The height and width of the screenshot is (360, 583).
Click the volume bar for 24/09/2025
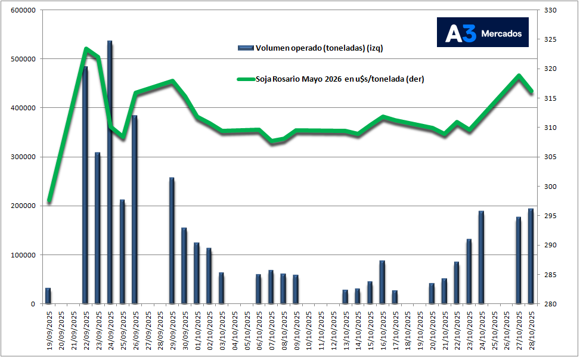coord(110,173)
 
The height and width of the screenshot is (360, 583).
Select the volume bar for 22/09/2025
coord(85,185)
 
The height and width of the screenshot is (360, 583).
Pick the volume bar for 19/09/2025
coord(48,296)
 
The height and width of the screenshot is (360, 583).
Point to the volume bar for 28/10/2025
coord(531,256)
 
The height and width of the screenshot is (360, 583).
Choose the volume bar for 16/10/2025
coord(382,282)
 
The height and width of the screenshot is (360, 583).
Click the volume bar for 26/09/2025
coord(135,209)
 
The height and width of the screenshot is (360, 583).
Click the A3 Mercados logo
coord(482,32)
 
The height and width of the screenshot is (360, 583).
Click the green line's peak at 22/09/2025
coord(86,49)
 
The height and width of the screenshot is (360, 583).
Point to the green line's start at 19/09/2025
coord(49,201)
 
